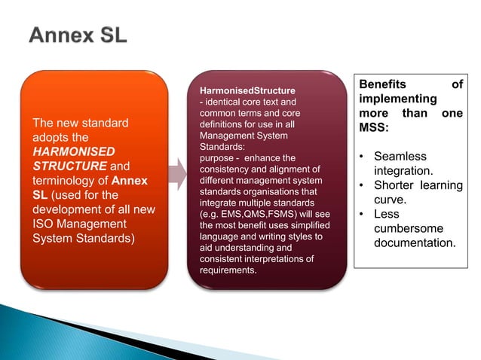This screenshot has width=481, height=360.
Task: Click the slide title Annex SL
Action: pos(78,35)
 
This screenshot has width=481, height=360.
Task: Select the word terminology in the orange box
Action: pos(61,182)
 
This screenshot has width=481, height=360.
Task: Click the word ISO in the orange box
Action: pos(42,224)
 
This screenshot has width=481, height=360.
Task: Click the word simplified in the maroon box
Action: pos(305,225)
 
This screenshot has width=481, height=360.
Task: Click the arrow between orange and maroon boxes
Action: pos(177,174)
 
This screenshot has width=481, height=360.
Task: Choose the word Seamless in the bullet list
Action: pos(400,157)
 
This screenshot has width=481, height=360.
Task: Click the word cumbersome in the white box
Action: pos(409,229)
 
